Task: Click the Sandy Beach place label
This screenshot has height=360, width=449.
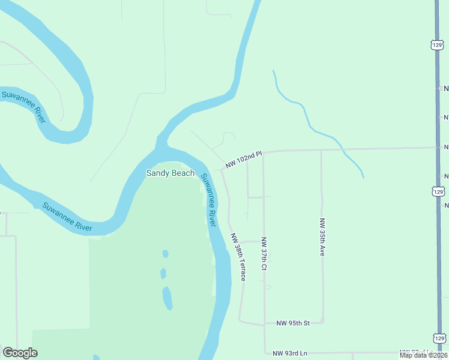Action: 171,173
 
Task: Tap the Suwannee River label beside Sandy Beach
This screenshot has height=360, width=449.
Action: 208,200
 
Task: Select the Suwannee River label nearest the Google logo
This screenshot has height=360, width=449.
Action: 67,217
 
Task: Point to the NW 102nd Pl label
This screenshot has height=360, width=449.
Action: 244,159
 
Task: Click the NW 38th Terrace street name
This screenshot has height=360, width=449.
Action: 238,257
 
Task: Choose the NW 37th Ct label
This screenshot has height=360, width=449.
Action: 264,254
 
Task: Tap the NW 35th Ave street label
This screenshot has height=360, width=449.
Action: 322,237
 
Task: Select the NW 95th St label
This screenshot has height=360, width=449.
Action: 292,323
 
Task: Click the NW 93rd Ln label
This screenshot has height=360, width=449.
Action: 290,353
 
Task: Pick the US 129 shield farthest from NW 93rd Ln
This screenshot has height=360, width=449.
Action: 437,44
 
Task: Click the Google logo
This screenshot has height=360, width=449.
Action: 20,353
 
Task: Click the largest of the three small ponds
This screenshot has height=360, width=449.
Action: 167,298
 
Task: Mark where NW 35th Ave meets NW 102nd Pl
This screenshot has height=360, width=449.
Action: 321,150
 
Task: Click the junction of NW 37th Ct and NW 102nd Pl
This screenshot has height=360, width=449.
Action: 264,152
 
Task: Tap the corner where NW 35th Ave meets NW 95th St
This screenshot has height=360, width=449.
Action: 324,322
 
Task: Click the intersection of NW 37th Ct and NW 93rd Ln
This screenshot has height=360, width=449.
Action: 265,353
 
